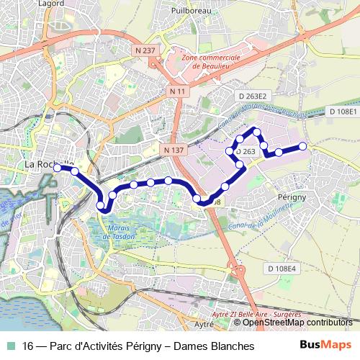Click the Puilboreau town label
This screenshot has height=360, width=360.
pos(190,12)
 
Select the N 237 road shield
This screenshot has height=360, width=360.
pos(144,50)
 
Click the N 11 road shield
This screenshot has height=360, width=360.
pos(179,91)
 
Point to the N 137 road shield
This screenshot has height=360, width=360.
pos(175,149)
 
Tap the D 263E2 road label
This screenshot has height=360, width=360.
pos(253,96)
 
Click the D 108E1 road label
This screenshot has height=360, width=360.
pos(343,112)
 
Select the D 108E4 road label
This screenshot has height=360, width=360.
pos(282,269)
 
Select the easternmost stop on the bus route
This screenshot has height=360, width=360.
pos(303,146)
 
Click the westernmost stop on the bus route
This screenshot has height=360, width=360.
pos(58,168)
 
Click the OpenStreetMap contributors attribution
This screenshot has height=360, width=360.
pos(297,322)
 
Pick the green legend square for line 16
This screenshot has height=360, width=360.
pos(9,346)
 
